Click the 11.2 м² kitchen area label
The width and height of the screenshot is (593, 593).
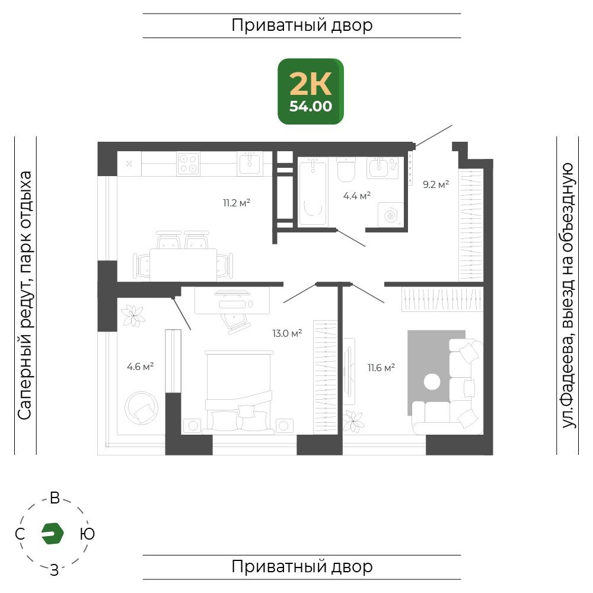[237, 203]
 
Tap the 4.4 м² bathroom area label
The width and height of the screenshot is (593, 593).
[356, 196]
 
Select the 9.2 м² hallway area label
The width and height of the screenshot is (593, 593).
[436, 184]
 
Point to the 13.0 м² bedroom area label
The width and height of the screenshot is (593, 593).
[287, 333]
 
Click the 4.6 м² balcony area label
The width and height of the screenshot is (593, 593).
[141, 366]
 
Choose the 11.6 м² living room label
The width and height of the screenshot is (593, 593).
[381, 368]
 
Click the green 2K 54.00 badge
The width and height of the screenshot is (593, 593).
[311, 91]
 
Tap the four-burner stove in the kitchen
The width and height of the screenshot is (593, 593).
[189, 164]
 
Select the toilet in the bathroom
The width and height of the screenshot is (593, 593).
[346, 170]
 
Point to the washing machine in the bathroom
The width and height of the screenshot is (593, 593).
[391, 215]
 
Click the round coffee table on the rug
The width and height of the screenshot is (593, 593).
[432, 381]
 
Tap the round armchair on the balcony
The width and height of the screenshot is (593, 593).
[141, 408]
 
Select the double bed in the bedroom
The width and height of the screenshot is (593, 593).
[238, 392]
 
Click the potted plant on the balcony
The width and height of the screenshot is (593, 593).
[133, 316]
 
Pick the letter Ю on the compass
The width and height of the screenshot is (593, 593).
[87, 534]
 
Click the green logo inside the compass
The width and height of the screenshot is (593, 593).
[52, 534]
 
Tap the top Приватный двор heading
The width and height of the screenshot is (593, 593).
[302, 25]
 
